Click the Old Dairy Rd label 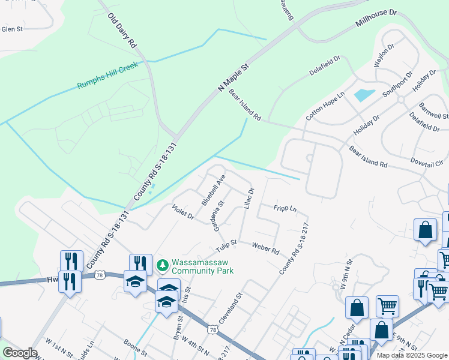(123, 31)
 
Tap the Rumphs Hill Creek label (107, 75)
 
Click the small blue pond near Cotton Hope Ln (364, 94)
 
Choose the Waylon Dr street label (384, 55)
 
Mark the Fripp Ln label (285, 208)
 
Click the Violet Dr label (182, 212)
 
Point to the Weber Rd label (265, 247)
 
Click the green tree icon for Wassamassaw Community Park (161, 265)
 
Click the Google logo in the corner (19, 352)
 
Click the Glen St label (12, 28)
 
